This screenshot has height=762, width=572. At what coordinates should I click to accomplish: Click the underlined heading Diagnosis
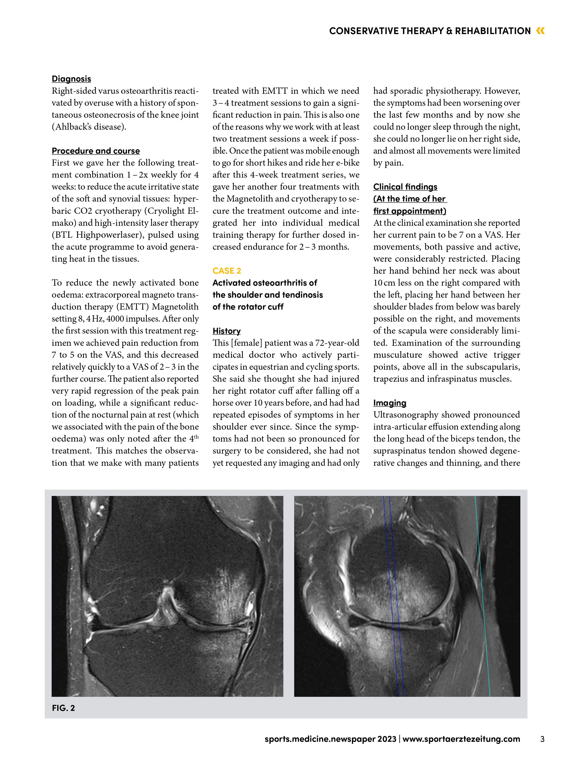coord(71,79)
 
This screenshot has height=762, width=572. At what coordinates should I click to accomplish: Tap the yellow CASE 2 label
coord(227,271)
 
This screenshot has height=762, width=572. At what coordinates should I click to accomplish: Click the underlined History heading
coord(227,331)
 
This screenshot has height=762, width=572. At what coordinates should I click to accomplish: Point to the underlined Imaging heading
coord(390,403)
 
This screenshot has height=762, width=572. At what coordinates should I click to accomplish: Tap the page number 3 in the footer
coord(542,739)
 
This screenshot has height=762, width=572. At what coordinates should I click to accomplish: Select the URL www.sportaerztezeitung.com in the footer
coord(461,739)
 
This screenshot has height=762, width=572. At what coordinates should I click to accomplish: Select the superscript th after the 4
coord(196,437)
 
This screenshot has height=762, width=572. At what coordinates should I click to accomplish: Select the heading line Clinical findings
coord(405,187)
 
